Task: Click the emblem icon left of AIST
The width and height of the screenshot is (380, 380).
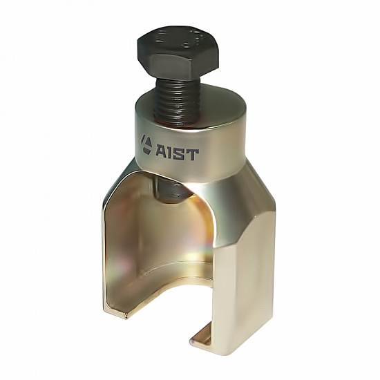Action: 146,144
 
